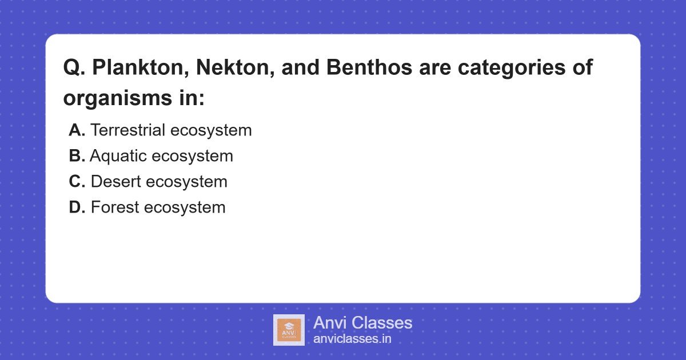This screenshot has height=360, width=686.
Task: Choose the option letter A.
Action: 77,130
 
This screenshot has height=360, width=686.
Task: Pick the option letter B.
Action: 77,156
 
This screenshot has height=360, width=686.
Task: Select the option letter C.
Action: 77,182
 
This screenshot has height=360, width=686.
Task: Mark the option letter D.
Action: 77,207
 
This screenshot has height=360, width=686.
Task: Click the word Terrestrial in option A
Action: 129,130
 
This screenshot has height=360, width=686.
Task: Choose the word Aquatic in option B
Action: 118,156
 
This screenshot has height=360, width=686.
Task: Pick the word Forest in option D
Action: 115,207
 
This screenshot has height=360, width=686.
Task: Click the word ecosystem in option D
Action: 185,207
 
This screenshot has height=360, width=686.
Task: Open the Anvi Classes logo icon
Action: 289,330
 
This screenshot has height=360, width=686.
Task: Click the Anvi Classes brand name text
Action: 362,323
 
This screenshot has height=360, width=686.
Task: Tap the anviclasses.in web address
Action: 352,339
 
